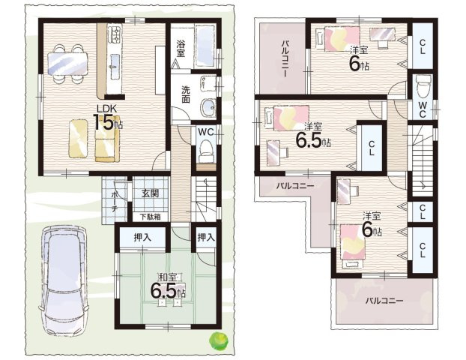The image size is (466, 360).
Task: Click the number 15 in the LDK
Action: click(x=103, y=122)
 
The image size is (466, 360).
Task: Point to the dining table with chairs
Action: click(x=68, y=63)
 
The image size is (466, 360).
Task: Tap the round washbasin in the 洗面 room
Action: click(x=208, y=106)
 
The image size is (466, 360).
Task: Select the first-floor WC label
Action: click(x=206, y=132)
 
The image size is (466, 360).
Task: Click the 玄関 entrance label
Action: click(x=150, y=193)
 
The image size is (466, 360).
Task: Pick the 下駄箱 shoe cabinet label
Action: click(x=150, y=217)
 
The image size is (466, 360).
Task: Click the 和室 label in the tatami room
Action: click(x=169, y=277)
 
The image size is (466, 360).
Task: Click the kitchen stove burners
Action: click(x=115, y=34)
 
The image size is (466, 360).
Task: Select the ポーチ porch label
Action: click(x=114, y=202)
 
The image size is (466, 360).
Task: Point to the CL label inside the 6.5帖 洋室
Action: click(x=372, y=148)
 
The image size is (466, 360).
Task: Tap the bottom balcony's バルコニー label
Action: click(x=384, y=300)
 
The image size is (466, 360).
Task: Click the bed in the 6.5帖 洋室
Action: click(x=287, y=118)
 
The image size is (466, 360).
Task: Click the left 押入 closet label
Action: click(x=142, y=237)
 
